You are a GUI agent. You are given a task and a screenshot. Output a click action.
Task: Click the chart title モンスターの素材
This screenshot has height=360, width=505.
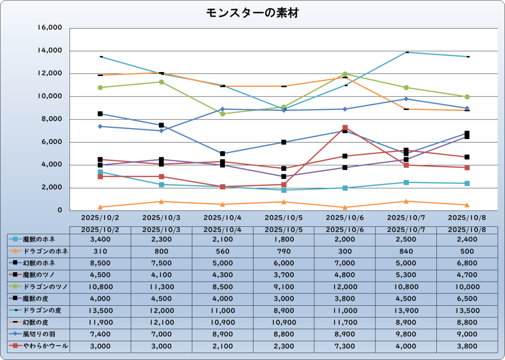[x=252, y=13]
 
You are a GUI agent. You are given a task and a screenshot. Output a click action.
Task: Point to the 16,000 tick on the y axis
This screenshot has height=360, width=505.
[x=50, y=28]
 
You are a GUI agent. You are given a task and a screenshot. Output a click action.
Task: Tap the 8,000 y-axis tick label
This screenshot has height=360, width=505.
[x=51, y=119]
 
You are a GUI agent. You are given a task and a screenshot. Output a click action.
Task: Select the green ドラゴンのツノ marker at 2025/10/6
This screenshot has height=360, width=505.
[x=345, y=74]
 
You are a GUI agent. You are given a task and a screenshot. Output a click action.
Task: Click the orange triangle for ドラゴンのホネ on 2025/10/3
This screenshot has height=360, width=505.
[x=161, y=201]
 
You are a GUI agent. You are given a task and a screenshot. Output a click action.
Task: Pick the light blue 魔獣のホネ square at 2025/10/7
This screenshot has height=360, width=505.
[x=406, y=182]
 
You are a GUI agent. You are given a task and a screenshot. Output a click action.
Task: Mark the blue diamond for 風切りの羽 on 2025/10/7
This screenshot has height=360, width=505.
[x=406, y=99]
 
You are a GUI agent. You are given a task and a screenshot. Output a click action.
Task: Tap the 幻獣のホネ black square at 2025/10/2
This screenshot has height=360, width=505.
[x=100, y=114]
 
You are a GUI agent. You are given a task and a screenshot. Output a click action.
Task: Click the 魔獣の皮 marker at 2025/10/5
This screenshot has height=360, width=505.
[x=284, y=177]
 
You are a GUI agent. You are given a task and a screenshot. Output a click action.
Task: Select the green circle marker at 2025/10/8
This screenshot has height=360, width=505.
[x=467, y=97]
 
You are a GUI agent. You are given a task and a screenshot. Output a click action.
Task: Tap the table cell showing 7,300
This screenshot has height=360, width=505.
[x=345, y=347]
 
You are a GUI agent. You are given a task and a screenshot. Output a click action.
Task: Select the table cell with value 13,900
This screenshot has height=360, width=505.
[x=406, y=311]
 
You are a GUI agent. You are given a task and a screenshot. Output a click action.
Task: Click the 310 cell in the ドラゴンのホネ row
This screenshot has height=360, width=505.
[x=100, y=251]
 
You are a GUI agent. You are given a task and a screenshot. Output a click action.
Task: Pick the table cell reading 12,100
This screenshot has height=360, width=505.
[x=161, y=323]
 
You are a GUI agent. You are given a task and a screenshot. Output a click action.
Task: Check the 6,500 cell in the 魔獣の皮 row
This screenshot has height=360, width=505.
[x=467, y=299]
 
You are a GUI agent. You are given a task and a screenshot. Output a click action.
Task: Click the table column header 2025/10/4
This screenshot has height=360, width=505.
[x=222, y=229]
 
